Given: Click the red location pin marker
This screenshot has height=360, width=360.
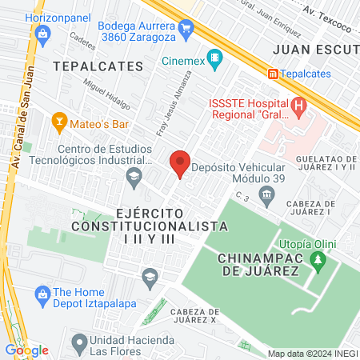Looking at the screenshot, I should [x=180, y=165].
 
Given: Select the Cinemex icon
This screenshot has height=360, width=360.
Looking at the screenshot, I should [x=214, y=58].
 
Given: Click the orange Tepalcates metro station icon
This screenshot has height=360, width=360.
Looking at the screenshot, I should [x=274, y=74].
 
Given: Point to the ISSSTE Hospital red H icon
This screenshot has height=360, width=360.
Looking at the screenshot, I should [x=298, y=105].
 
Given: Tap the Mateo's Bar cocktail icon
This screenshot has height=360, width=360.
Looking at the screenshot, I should [x=58, y=122].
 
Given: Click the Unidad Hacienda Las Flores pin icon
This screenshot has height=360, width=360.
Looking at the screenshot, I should [x=78, y=345].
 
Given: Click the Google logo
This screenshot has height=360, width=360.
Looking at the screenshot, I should [x=26, y=350].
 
